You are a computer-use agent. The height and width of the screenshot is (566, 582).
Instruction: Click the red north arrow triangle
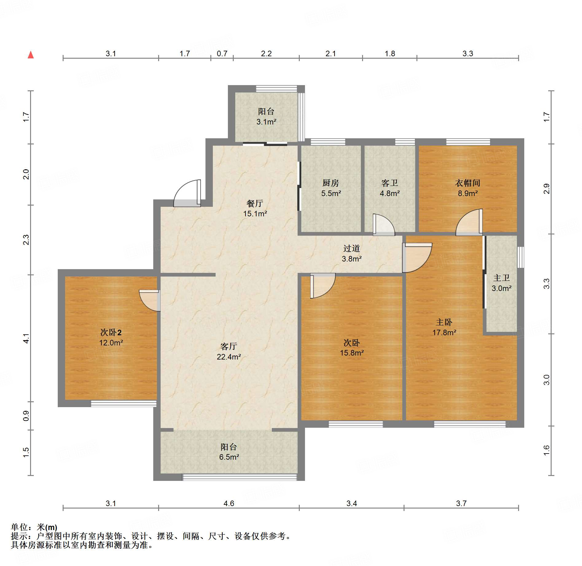click(31, 55)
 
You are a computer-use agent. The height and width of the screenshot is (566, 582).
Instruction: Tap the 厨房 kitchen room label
click(330, 183)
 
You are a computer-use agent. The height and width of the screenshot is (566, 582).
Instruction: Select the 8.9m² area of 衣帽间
click(467, 194)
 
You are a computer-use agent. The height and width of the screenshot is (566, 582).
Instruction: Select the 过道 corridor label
click(351, 248)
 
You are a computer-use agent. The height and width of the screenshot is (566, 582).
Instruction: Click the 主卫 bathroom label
click(501, 278)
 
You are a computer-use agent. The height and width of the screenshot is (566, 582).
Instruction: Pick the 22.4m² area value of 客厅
click(229, 357)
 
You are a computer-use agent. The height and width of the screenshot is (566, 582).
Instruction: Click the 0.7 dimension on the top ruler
click(222, 54)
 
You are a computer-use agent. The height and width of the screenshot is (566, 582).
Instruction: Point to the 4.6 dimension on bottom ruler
click(229, 504)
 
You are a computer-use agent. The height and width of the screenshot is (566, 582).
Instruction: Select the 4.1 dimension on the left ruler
click(26, 338)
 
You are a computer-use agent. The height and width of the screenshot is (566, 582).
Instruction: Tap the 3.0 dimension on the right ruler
click(546, 380)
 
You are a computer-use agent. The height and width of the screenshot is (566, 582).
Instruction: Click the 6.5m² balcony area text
click(229, 457)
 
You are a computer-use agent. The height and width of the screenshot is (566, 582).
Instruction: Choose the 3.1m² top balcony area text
click(266, 122)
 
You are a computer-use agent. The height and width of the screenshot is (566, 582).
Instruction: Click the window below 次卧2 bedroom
click(123, 403)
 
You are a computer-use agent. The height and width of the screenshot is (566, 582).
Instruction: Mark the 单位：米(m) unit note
click(34, 527)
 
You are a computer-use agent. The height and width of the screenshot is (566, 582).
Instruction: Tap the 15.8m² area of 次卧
click(352, 353)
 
